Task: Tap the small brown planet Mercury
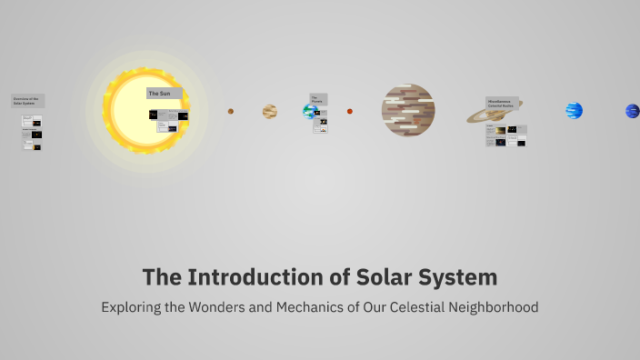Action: [x=231, y=111]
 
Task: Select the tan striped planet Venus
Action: [x=270, y=111]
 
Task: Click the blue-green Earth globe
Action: [x=309, y=112]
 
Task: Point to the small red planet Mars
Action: [x=350, y=111]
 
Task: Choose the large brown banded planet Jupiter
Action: [x=408, y=110]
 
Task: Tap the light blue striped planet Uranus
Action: [x=574, y=111]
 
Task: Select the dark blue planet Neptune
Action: [x=632, y=111]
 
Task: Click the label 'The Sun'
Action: [x=164, y=93]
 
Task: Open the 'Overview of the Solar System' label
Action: [x=27, y=101]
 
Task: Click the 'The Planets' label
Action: [x=317, y=98]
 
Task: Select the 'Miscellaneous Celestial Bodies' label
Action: [x=503, y=103]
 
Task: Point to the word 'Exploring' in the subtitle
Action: [x=131, y=307]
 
